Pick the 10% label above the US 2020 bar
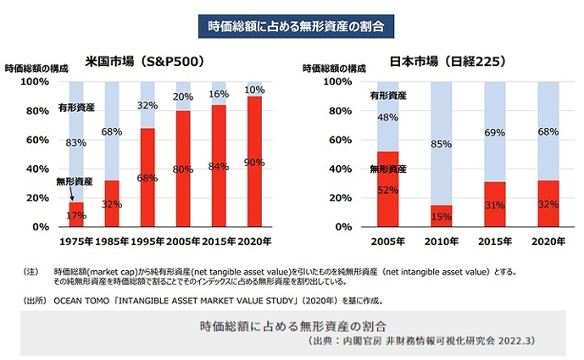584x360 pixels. [x=254, y=90]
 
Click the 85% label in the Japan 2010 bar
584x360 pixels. [x=440, y=144]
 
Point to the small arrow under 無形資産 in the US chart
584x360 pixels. [x=73, y=195]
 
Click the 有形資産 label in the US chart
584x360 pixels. [x=75, y=108]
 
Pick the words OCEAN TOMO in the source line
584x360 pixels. [x=84, y=300]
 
